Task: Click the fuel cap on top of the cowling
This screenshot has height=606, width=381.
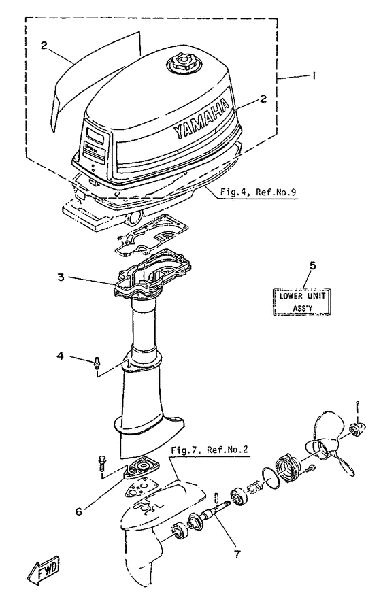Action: (181, 63)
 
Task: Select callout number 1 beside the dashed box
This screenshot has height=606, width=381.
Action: (314, 77)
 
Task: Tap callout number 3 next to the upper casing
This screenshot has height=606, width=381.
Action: (61, 277)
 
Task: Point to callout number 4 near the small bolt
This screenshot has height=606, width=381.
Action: (61, 355)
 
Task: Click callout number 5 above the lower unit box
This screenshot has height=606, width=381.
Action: (313, 265)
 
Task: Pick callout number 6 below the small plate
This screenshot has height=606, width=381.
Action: (79, 511)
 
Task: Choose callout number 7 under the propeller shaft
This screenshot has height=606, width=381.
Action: (236, 554)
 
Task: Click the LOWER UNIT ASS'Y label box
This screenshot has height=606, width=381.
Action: (302, 302)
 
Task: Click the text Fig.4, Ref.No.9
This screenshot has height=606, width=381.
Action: (259, 192)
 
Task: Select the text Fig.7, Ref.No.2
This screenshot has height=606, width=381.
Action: (210, 450)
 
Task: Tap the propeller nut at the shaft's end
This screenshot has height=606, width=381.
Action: (356, 428)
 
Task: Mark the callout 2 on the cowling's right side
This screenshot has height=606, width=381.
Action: (263, 99)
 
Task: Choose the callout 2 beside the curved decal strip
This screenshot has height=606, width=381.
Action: (44, 45)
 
